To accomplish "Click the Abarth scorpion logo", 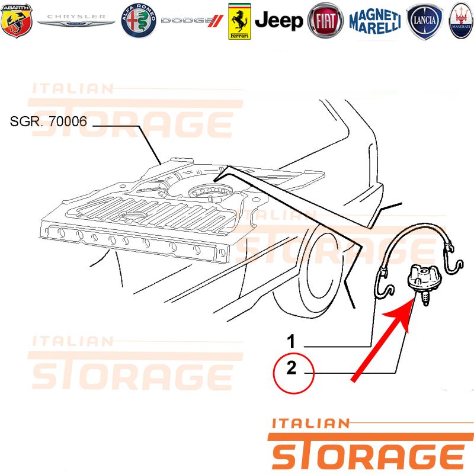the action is pyautogui.click(x=17, y=21).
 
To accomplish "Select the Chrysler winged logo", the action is pyautogui.click(x=76, y=20).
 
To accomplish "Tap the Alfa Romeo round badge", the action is pyautogui.click(x=139, y=21).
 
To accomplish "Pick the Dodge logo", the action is pyautogui.click(x=192, y=21).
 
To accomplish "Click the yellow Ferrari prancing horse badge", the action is pyautogui.click(x=239, y=21).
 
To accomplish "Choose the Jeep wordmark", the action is pyautogui.click(x=278, y=21).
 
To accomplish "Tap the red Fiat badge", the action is pyautogui.click(x=325, y=21).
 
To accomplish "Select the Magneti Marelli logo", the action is pyautogui.click(x=375, y=21).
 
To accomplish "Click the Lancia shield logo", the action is pyautogui.click(x=424, y=21).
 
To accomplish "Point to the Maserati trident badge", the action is pyautogui.click(x=461, y=21).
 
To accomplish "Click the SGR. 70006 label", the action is pyautogui.click(x=49, y=121).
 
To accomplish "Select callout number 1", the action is pyautogui.click(x=291, y=341).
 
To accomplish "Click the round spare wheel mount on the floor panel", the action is pyautogui.click(x=210, y=192).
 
